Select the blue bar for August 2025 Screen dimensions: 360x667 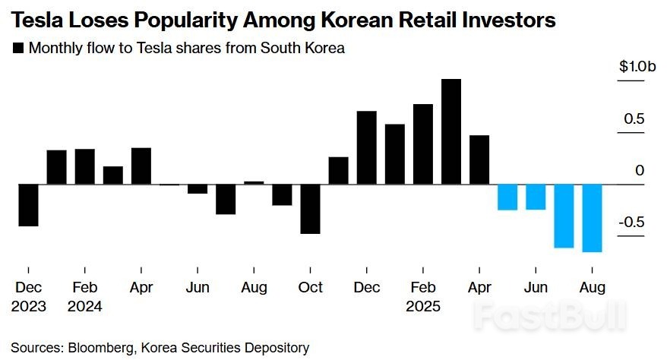pos(592,218)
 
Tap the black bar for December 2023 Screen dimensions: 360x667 pos(28,205)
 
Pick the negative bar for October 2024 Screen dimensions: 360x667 pos(310,209)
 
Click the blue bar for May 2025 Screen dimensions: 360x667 pos(507,197)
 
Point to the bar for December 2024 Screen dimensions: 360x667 pos(367,147)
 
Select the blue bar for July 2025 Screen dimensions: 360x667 pos(564,216)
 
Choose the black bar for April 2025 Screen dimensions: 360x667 pos(479,159)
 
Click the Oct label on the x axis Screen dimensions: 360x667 pos(310,288)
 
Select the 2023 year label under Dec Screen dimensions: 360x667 pos(28,307)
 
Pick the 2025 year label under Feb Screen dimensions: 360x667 pos(423,307)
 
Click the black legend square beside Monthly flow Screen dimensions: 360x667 pos(17,49)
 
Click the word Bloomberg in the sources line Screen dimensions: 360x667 pos(103,348)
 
